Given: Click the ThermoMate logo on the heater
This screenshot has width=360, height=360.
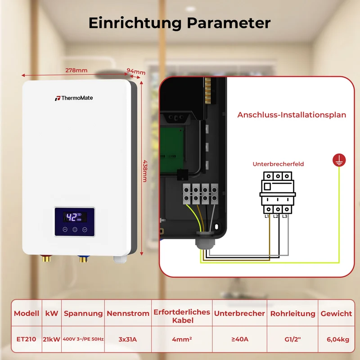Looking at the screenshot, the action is (74, 98).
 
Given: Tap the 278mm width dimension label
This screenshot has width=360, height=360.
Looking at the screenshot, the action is (76, 70).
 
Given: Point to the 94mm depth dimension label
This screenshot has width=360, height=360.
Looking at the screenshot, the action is (136, 72).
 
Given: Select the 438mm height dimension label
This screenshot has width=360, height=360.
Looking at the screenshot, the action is (145, 171).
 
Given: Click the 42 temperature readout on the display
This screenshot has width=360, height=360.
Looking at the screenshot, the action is (72, 217).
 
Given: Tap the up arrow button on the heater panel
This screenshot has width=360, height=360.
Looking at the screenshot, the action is (65, 229).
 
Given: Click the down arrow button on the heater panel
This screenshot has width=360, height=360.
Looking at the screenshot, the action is (85, 229).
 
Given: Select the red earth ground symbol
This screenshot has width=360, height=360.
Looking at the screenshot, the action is (339, 160).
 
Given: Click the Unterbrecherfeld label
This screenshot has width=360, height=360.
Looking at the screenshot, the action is (278, 164).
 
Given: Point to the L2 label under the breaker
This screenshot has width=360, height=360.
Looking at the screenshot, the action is (276, 216).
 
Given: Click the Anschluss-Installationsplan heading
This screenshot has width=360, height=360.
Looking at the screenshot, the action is (292, 115).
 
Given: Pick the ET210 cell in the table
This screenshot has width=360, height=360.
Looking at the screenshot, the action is (27, 339).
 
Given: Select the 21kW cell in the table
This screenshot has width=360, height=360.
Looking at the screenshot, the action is (51, 339).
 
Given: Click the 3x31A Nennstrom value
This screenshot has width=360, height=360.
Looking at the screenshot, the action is (128, 339).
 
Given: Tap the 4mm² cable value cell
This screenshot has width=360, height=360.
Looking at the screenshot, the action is (182, 339).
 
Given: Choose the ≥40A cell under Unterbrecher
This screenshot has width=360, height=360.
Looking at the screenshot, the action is (240, 339).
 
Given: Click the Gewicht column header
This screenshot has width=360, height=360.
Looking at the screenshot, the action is (336, 313).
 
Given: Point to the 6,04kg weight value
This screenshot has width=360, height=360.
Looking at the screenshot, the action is (338, 339).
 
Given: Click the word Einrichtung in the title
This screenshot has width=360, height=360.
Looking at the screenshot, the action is (135, 23).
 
